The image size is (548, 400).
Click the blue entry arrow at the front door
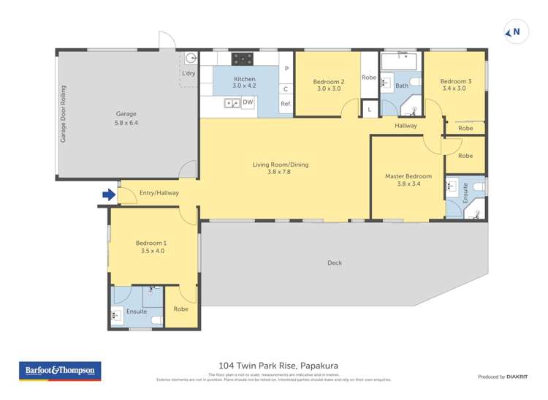pyautogui.click(x=108, y=195)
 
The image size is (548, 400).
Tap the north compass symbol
pyautogui.click(x=514, y=31)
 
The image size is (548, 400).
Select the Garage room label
pyautogui.click(x=126, y=114)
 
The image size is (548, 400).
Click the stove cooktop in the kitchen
pyautogui.click(x=243, y=59)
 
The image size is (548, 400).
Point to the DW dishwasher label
pyautogui.click(x=248, y=102)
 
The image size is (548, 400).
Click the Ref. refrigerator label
pyautogui.click(x=286, y=104)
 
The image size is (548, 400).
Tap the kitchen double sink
pyautogui.click(x=232, y=103)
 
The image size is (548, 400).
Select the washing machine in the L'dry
pyautogui.click(x=191, y=59)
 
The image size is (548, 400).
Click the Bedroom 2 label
pyautogui.click(x=328, y=82)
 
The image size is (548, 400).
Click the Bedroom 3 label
pyautogui.click(x=453, y=82)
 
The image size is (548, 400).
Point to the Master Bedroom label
pyautogui.click(x=408, y=176)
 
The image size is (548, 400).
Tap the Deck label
pyautogui.click(x=335, y=263)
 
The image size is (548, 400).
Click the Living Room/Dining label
pyautogui.click(x=281, y=165)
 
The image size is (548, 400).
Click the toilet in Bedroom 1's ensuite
pyautogui.click(x=156, y=319)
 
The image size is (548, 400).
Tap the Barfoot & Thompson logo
pyautogui.click(x=60, y=371)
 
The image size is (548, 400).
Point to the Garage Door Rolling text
pyautogui.click(x=64, y=114)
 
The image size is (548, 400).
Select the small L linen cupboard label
pyautogui.click(x=370, y=110)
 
